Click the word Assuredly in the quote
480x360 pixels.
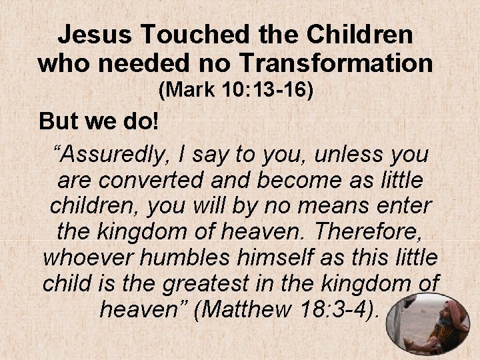point(117,155)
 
